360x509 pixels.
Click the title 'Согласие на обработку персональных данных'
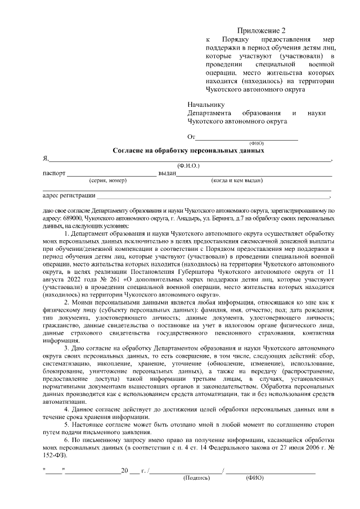[188, 151]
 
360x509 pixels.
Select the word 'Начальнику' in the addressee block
[206, 104]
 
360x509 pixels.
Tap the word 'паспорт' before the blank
[54, 173]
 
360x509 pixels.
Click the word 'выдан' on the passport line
[168, 173]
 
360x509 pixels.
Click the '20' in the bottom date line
[125, 470]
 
